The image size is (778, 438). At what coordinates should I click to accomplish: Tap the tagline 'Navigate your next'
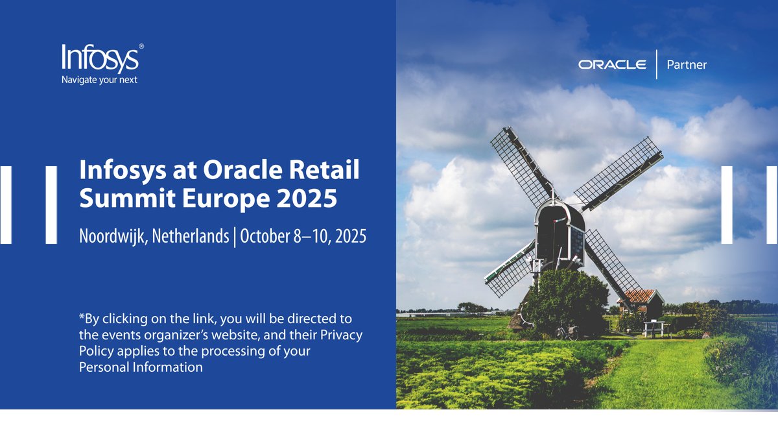click(99, 80)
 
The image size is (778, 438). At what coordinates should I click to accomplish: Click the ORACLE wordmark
click(612, 64)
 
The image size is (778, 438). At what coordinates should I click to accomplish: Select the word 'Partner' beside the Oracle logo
click(686, 65)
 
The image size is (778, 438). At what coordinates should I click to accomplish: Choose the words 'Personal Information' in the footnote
click(141, 367)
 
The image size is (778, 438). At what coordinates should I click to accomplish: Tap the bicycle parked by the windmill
click(567, 333)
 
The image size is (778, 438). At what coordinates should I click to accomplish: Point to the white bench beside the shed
click(655, 328)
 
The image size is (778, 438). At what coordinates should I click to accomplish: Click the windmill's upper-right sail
click(619, 173)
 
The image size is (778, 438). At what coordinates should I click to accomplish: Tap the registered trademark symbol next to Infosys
click(141, 47)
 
